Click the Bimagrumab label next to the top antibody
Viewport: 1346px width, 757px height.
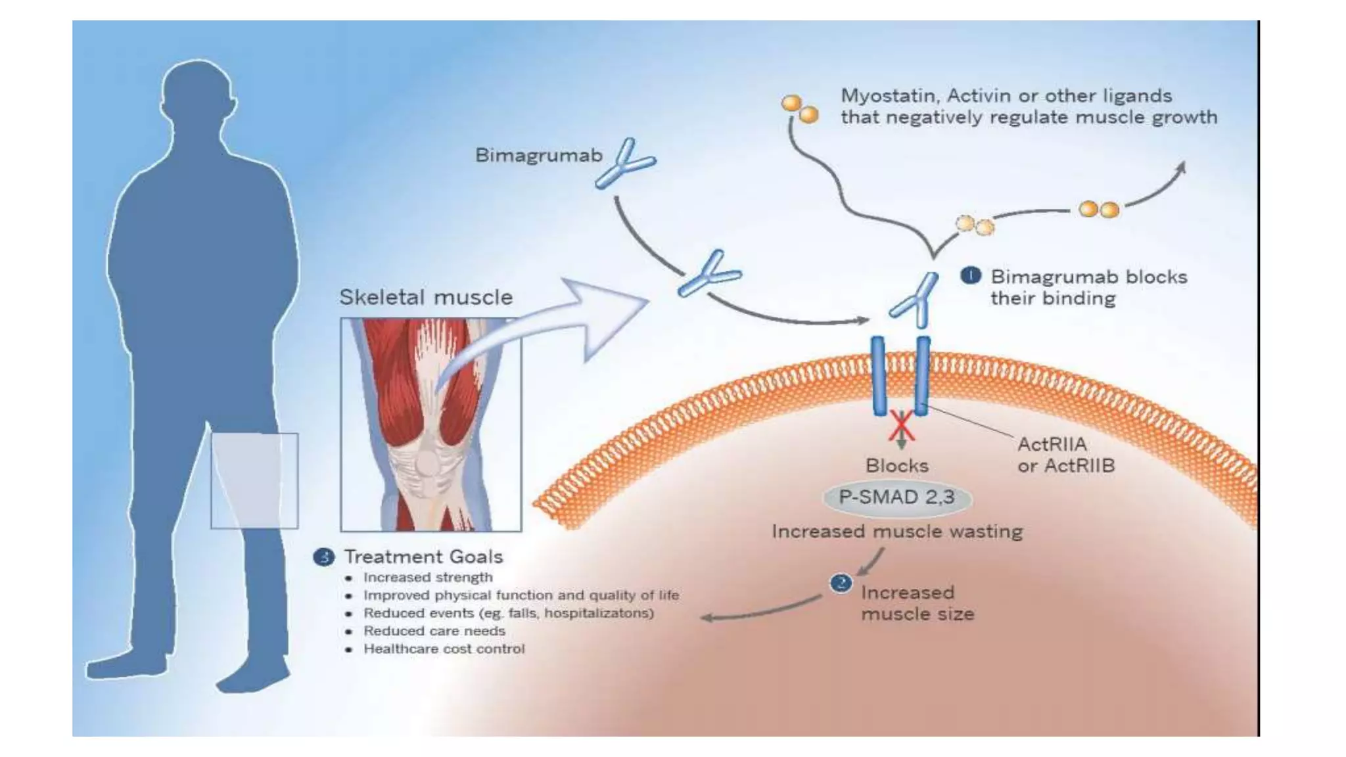coord(538,156)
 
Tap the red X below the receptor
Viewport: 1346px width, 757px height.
coord(901,426)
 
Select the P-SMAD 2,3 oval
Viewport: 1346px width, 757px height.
coord(896,497)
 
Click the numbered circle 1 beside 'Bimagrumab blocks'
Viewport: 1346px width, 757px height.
coord(970,275)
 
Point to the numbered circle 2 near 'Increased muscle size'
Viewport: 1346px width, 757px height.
coord(841,583)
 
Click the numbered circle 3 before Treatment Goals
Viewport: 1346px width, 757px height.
coord(323,557)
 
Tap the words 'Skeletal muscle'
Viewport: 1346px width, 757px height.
coord(426,297)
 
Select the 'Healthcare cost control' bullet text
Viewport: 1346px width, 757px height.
coord(444,649)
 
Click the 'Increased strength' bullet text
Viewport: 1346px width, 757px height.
coord(428,578)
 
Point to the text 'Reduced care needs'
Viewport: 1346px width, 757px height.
coord(434,631)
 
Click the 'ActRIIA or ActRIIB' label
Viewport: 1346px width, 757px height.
coord(1065,455)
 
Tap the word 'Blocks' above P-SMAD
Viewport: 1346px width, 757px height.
coord(896,466)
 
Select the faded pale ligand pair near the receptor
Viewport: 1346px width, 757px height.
coord(975,225)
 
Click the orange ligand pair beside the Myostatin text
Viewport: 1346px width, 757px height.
coord(800,109)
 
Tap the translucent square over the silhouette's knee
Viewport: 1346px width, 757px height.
coord(254,480)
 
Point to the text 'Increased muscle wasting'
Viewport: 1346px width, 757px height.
coord(897,532)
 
